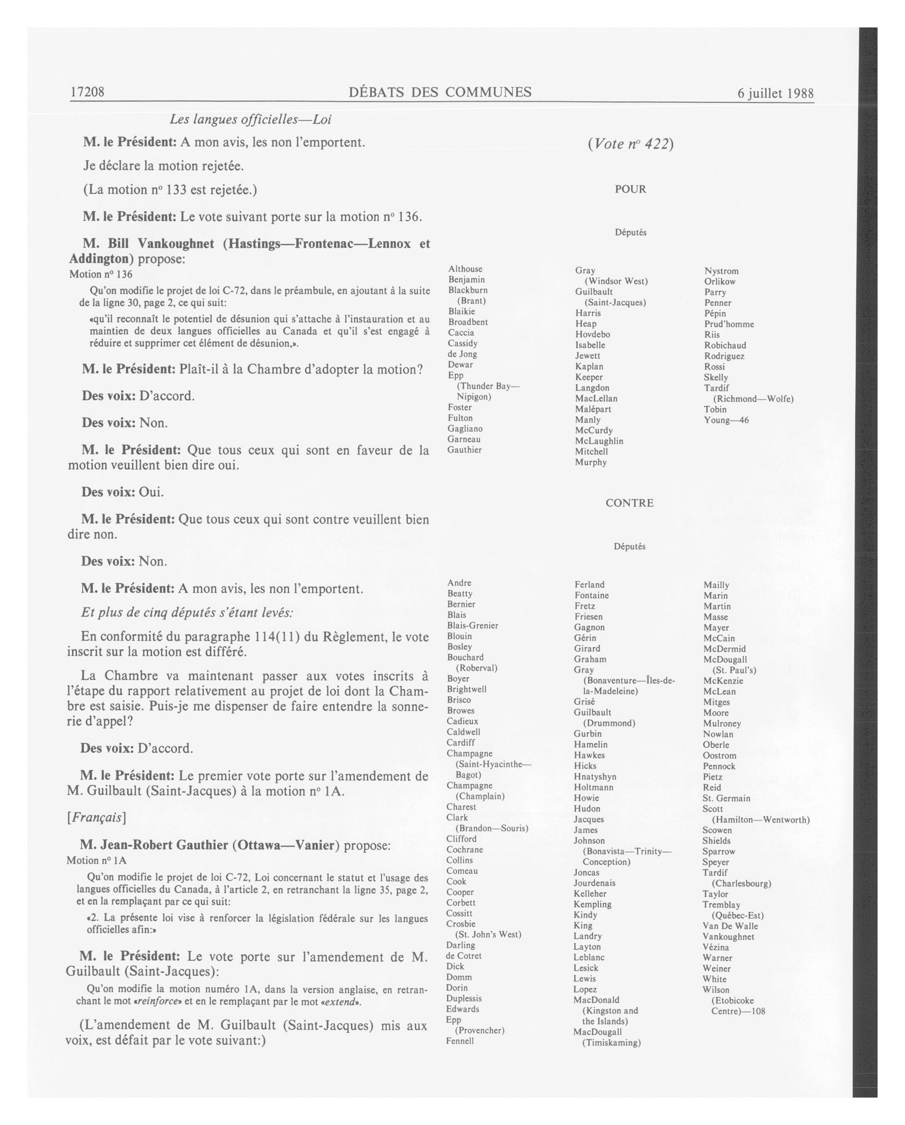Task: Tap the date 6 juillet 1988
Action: pos(775,93)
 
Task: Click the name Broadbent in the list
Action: pos(468,322)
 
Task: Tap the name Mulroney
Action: pos(721,723)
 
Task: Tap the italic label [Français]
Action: pos(97,817)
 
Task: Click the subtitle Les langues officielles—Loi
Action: pos(250,120)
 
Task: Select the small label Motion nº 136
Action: pos(101,274)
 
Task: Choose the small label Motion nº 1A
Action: pos(97,861)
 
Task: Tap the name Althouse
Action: pos(465,269)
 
